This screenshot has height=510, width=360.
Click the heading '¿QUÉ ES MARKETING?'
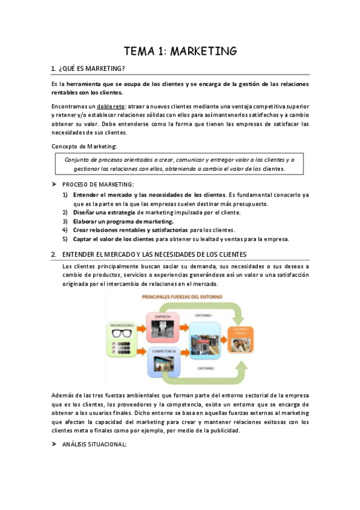(x=92, y=69)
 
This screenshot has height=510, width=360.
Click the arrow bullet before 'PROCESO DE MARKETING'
(x=54, y=184)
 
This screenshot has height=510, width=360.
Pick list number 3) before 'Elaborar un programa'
(x=65, y=221)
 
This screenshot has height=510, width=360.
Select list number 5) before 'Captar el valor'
(x=65, y=239)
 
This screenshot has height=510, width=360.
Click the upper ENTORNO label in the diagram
(x=203, y=315)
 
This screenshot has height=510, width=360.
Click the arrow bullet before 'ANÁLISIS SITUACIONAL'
(x=54, y=444)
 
